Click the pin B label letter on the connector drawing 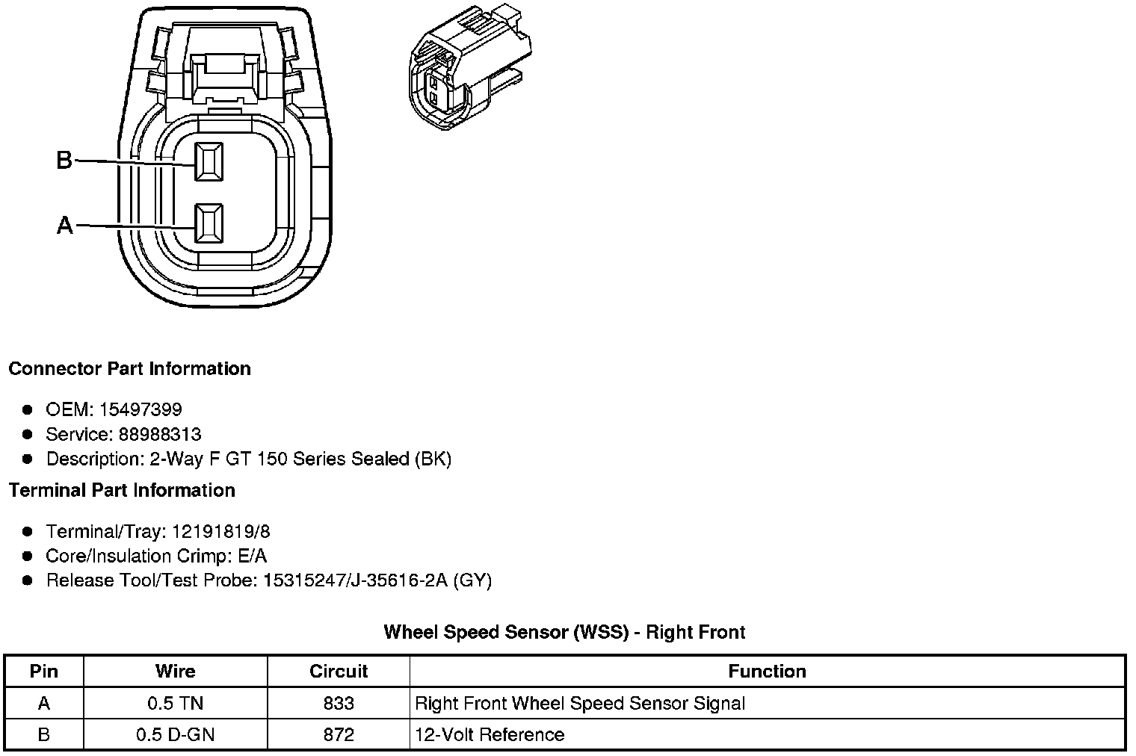pos(64,160)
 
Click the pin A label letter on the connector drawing pos(65,225)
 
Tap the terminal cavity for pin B pos(209,161)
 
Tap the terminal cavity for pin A pos(209,223)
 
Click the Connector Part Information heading pos(129,369)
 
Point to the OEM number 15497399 pos(141,409)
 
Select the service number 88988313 pos(160,434)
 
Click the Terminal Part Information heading pos(122,491)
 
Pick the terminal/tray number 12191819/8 pos(220,531)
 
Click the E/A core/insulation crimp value pos(251,556)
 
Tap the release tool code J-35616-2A pos(399,580)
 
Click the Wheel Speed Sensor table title pos(564,632)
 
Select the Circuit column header pos(339,671)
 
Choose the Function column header pos(767,671)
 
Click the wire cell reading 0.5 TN pos(175,703)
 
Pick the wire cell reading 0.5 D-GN pos(175,734)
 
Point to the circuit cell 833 pos(339,703)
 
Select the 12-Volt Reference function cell pos(490,734)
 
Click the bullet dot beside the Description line pos(28,459)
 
